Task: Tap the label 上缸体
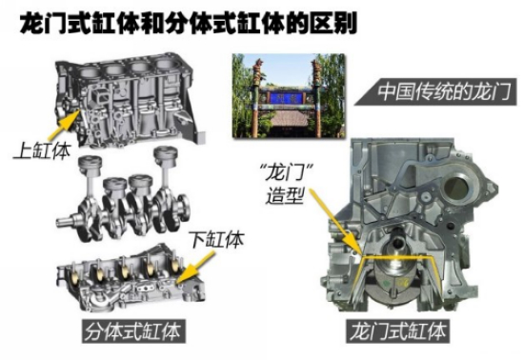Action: click(x=42, y=150)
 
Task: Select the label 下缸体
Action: click(x=217, y=239)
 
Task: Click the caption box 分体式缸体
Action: click(x=133, y=331)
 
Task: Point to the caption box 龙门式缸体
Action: click(x=398, y=330)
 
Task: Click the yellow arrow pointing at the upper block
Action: click(x=64, y=125)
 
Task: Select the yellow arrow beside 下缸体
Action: click(x=196, y=269)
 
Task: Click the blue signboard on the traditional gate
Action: click(x=286, y=97)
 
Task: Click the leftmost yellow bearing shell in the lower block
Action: click(x=75, y=275)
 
